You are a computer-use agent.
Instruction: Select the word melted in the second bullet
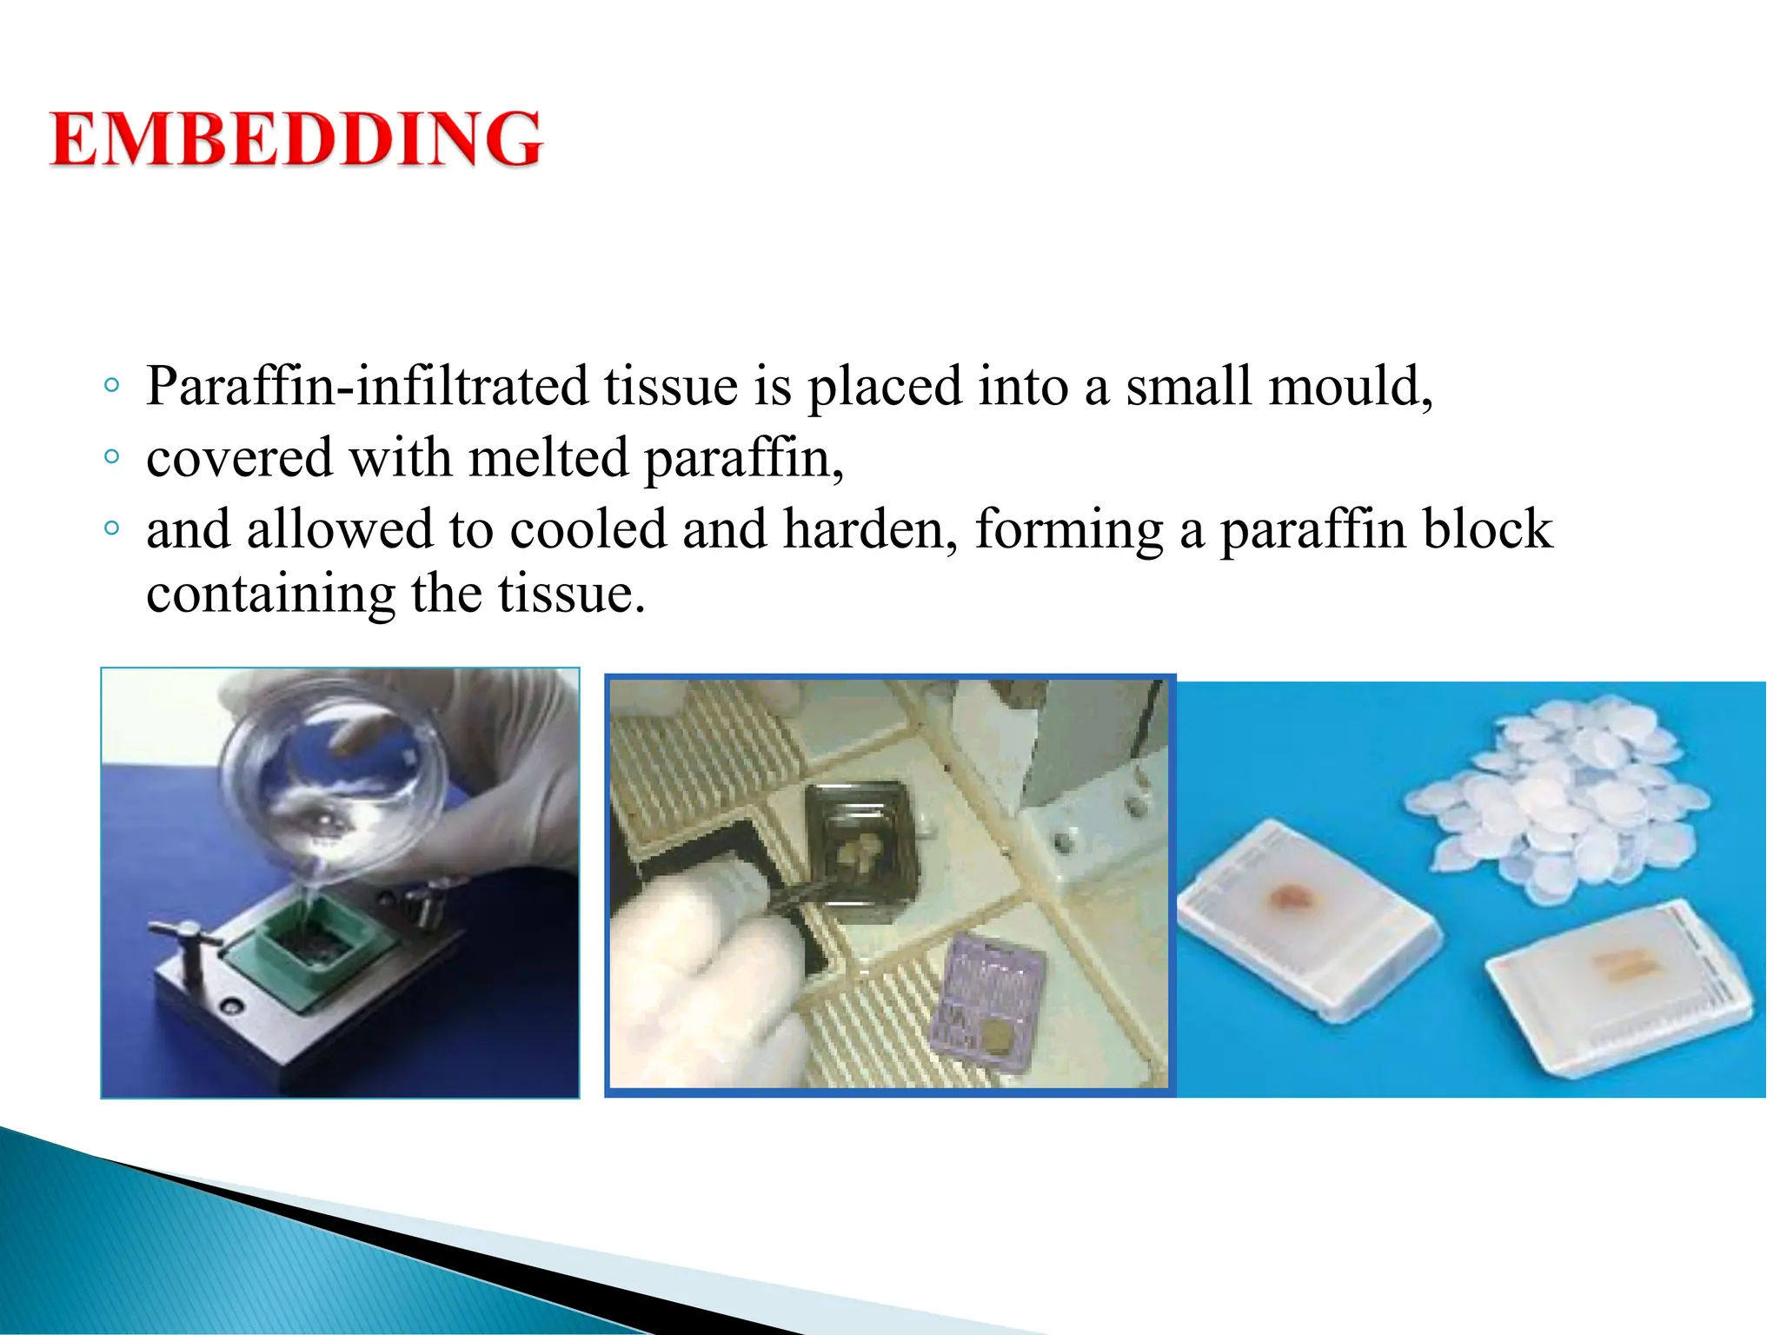pyautogui.click(x=548, y=458)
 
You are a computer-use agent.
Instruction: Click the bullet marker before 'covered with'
pyautogui.click(x=110, y=456)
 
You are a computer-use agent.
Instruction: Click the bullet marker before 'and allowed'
pyautogui.click(x=110, y=528)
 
